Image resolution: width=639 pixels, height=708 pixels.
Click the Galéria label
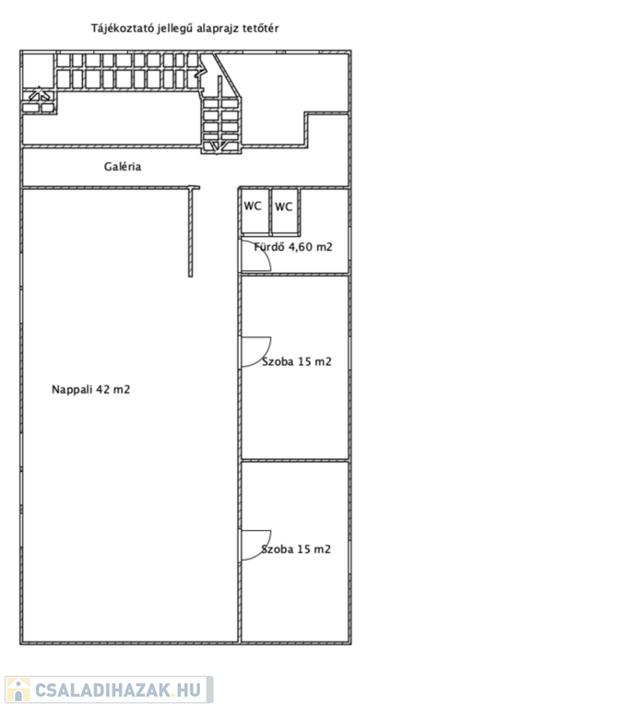tap(123, 167)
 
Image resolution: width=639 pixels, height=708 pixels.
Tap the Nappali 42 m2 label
tap(90, 389)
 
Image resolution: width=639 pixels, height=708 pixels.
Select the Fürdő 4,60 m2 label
tap(293, 246)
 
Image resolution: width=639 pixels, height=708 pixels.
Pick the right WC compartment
tap(285, 211)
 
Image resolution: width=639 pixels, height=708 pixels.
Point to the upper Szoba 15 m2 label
tap(297, 361)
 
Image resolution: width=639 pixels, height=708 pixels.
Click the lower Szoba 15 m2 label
tap(296, 549)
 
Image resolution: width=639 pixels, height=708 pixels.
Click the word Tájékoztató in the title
tap(123, 29)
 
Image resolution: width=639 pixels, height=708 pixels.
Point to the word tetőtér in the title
tap(261, 28)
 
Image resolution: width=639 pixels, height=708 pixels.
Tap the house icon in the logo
tap(18, 689)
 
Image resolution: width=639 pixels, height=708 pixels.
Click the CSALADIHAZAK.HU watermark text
tap(118, 690)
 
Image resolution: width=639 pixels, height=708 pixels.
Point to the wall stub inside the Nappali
tap(191, 232)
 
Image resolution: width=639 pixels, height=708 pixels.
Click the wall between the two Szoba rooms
tap(295, 461)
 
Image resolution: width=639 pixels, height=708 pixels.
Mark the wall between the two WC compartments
tap(271, 211)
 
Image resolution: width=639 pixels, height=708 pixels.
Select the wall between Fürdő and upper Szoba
tap(295, 274)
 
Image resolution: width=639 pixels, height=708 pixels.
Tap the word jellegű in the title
tap(175, 29)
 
